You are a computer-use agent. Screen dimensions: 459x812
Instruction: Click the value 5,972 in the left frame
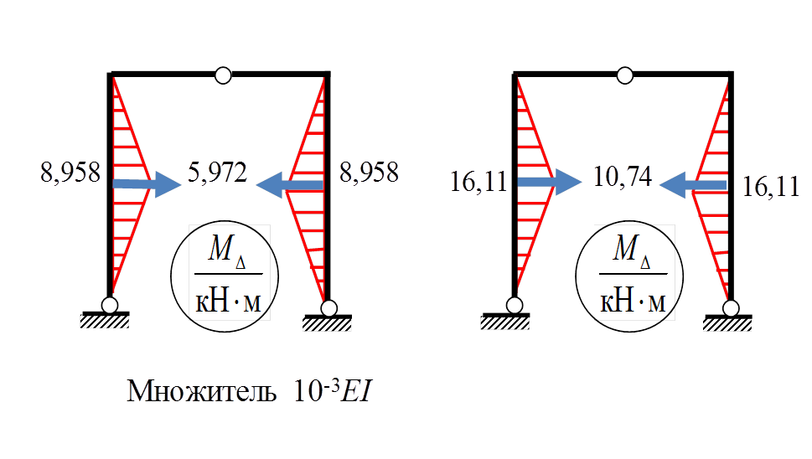[217, 174]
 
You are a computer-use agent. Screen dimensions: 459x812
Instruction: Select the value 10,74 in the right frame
[622, 178]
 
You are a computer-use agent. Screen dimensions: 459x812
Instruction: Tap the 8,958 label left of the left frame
[70, 173]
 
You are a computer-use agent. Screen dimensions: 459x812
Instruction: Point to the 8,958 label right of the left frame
[369, 173]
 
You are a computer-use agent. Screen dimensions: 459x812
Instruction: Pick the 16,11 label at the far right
[771, 187]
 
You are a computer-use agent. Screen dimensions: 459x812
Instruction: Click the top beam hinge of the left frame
[222, 75]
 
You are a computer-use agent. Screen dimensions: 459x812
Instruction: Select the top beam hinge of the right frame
[624, 75]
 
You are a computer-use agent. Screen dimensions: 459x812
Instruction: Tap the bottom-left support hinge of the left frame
[110, 305]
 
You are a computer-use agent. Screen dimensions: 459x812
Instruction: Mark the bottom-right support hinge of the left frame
[328, 308]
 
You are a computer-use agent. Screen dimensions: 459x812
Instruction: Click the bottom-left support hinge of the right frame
[514, 305]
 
